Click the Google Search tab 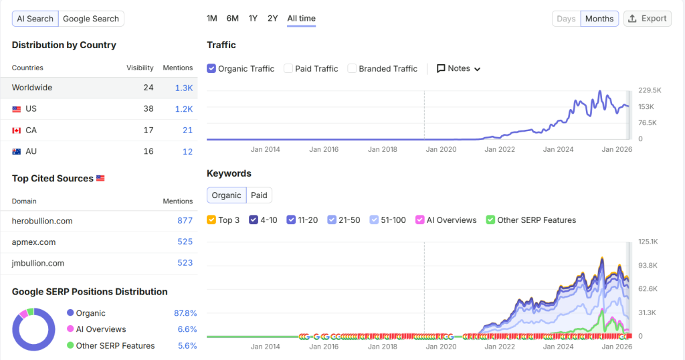coord(91,19)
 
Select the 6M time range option coord(232,18)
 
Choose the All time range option coord(302,18)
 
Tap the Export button coord(648,19)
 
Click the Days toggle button coord(566,19)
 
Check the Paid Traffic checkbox coord(288,69)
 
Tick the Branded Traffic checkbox coord(352,69)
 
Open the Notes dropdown coord(459,69)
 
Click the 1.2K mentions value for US coord(184,109)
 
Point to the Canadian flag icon coord(17,130)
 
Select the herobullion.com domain coord(42,221)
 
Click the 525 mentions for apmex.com coord(185,242)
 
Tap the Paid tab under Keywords coord(259,195)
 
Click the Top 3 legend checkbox coord(211,219)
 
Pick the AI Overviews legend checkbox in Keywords coord(420,219)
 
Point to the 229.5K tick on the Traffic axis coord(650,90)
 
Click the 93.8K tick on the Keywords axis coord(648,266)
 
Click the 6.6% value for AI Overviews coord(187,329)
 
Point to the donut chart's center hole coord(33,329)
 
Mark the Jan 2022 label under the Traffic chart coord(500,149)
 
